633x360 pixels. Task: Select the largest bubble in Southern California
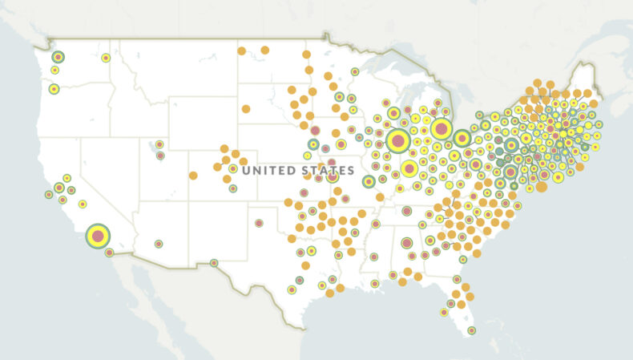coord(98,236)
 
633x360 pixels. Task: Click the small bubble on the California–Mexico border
coord(109,253)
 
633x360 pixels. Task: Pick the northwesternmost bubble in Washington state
coord(58,57)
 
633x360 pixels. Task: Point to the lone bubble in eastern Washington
coord(106,58)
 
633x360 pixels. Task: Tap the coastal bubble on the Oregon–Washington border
coord(54,88)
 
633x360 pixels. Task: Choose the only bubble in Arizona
coord(159,244)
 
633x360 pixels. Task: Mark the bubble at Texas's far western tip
coord(214,262)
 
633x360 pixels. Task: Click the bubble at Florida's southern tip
coord(471,330)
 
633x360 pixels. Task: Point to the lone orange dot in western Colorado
coord(193,176)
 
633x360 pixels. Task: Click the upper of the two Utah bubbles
coord(160,144)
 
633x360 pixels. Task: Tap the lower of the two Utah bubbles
coord(160,156)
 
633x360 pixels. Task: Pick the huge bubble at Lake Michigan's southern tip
coord(397,141)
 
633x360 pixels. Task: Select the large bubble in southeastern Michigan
coord(441,128)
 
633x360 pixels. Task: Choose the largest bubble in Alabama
coord(406,243)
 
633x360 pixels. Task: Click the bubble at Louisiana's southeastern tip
coord(374,283)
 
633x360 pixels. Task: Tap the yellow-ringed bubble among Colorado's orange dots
coord(232,168)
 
